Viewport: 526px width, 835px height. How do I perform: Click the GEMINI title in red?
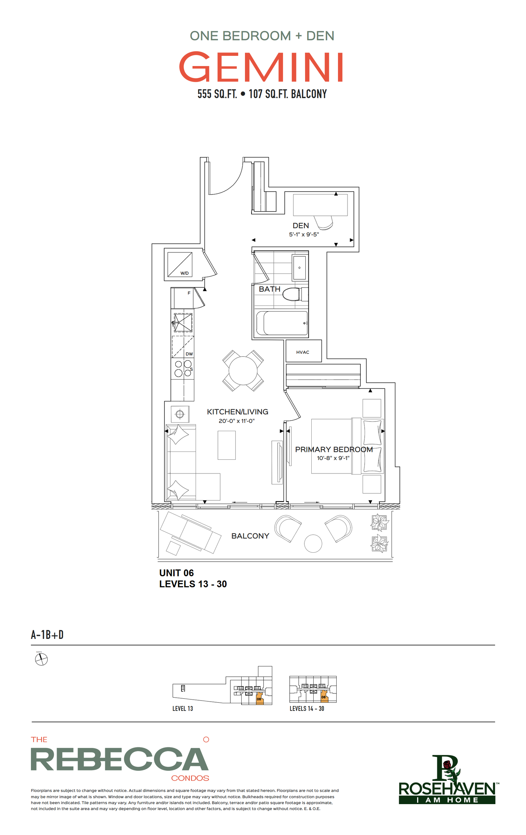click(261, 67)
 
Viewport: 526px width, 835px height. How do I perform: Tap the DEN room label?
click(300, 225)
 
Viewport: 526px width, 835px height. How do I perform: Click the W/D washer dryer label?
click(184, 273)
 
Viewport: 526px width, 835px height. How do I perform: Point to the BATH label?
click(269, 289)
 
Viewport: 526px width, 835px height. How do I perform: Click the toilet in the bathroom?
click(295, 294)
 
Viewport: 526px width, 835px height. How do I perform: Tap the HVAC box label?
click(302, 352)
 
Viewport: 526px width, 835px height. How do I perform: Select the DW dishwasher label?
click(189, 354)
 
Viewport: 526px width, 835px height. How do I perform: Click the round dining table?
click(243, 370)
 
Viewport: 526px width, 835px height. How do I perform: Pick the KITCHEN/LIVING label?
click(237, 412)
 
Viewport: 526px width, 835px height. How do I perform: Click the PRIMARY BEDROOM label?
click(334, 450)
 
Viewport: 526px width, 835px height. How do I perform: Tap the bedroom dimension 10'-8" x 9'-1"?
click(333, 458)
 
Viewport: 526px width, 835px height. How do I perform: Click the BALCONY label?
click(250, 536)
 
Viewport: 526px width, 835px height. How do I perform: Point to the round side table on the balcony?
click(313, 544)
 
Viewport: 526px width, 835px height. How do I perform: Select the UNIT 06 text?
click(176, 573)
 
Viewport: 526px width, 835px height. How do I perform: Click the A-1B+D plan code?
click(47, 635)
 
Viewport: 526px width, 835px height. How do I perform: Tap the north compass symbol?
click(41, 659)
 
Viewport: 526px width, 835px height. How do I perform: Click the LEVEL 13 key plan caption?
click(182, 708)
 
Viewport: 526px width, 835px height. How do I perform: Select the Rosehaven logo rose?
click(447, 764)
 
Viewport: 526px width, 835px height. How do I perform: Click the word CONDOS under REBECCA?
click(190, 778)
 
